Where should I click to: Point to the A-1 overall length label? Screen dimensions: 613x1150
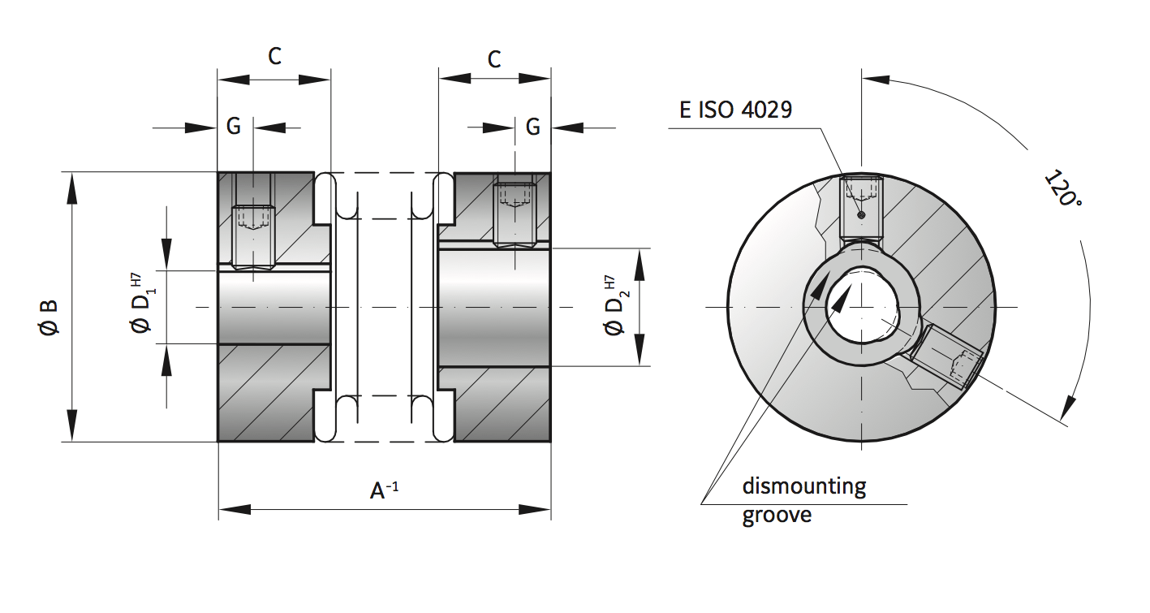(x=384, y=490)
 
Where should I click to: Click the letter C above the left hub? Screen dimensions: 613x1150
(x=275, y=56)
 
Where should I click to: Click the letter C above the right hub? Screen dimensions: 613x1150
(x=493, y=58)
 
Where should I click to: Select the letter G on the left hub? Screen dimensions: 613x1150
(x=234, y=127)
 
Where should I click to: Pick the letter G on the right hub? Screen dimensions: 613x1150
(x=533, y=127)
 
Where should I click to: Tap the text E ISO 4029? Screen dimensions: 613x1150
(x=735, y=110)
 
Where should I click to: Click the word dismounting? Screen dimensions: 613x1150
(x=803, y=487)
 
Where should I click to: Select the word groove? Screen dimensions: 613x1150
(x=776, y=515)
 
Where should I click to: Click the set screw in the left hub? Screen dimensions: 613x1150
(x=253, y=236)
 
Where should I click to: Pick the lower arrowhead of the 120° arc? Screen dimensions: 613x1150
(x=1070, y=406)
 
